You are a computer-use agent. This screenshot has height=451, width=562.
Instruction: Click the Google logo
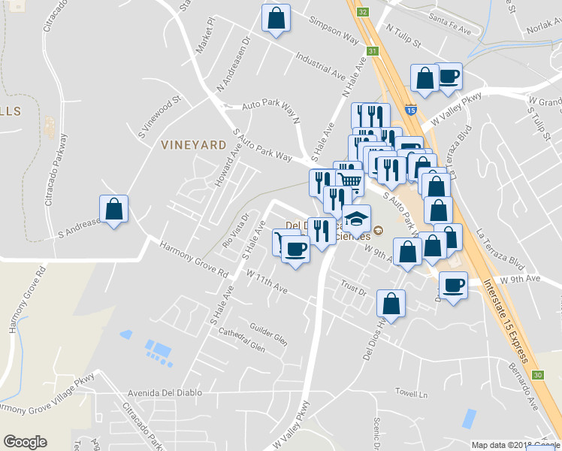pyautogui.click(x=25, y=442)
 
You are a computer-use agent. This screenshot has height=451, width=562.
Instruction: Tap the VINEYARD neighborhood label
pyautogui.click(x=194, y=144)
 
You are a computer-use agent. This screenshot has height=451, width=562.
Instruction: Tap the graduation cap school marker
pyautogui.click(x=356, y=219)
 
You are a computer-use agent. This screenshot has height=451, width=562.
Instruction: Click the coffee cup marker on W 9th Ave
pyautogui.click(x=453, y=286)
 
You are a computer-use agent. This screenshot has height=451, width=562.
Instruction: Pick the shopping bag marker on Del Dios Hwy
pyautogui.click(x=391, y=304)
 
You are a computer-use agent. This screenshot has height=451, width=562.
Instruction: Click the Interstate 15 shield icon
pyautogui.click(x=411, y=110)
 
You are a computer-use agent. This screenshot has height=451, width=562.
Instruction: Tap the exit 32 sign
pyautogui.click(x=363, y=12)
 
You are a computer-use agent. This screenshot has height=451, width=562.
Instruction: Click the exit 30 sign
pyautogui.click(x=536, y=374)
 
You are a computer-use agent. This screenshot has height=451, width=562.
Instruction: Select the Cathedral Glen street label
pyautogui.click(x=241, y=340)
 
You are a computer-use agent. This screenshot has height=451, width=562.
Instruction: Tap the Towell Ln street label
pyautogui.click(x=412, y=392)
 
